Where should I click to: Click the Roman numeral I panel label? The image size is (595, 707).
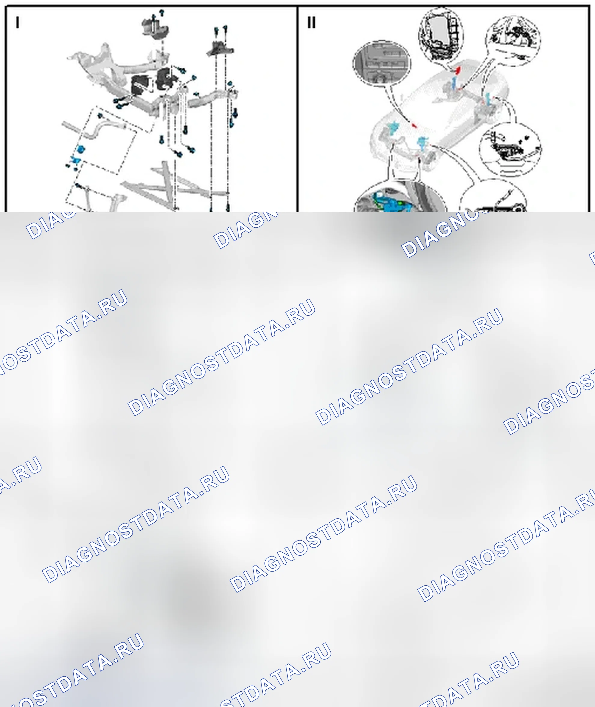point(17,23)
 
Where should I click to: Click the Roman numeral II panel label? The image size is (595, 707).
point(311,23)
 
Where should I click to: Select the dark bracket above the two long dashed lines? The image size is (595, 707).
point(220,49)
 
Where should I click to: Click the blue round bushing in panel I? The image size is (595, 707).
point(81,149)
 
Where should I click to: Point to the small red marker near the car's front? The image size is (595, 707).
point(414,126)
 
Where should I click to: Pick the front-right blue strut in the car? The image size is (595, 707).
point(421,143)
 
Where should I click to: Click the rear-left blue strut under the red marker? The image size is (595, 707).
point(454,83)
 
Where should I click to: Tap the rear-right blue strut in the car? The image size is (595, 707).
point(487,99)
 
